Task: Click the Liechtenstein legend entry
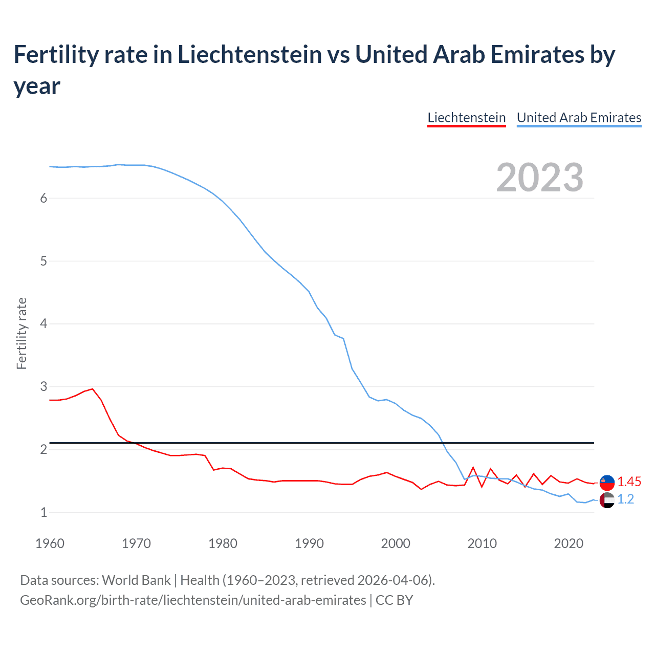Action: pyautogui.click(x=466, y=118)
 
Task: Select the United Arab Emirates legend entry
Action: pyautogui.click(x=579, y=118)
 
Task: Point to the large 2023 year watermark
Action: pyautogui.click(x=539, y=178)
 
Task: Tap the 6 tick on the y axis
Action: pyautogui.click(x=43, y=198)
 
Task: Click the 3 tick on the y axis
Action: pyautogui.click(x=43, y=386)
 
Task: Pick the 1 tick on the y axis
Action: pyautogui.click(x=43, y=512)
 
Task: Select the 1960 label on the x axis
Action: pyautogui.click(x=50, y=543)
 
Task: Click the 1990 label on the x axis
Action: pyautogui.click(x=309, y=543)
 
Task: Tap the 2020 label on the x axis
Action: pyautogui.click(x=569, y=543)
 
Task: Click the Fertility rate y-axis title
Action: pyautogui.click(x=21, y=333)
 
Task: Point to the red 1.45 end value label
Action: pyautogui.click(x=629, y=482)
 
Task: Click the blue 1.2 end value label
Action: pyautogui.click(x=625, y=499)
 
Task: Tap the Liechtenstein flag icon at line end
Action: pyautogui.click(x=607, y=482)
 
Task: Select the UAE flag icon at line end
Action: pyautogui.click(x=607, y=500)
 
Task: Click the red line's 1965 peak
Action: pyautogui.click(x=93, y=389)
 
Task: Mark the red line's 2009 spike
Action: pyautogui.click(x=473, y=467)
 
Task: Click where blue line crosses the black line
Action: pyautogui.click(x=443, y=443)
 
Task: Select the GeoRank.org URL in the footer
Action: pyautogui.click(x=193, y=600)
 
